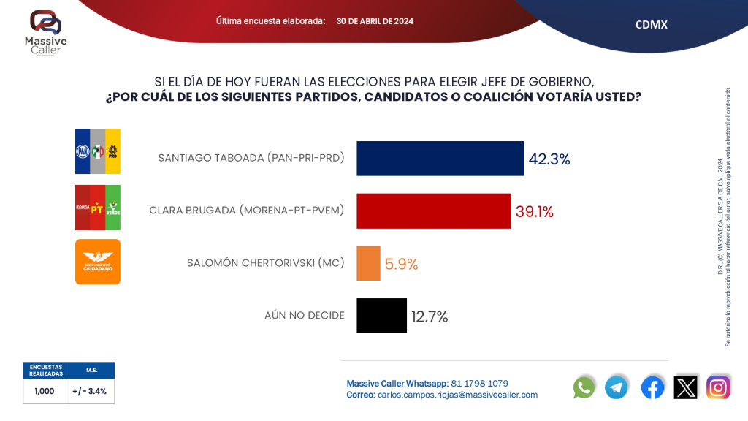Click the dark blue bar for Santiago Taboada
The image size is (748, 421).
point(440,159)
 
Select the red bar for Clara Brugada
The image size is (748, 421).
point(434,211)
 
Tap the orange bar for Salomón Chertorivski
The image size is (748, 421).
point(368,264)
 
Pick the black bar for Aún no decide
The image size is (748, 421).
point(381,316)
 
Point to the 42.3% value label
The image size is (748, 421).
point(549,159)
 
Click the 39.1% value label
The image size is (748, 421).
point(535,212)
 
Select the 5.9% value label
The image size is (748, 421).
point(401,265)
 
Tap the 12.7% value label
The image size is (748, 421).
point(430,316)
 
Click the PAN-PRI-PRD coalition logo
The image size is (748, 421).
point(98,151)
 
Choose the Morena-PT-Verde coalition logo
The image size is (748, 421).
point(98,208)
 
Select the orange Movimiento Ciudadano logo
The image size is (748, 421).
point(98,262)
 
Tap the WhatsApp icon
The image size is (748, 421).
point(584,387)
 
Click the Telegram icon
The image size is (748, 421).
point(617,387)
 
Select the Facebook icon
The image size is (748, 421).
point(652,387)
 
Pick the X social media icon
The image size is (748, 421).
point(685,387)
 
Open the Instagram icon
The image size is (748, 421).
point(718,387)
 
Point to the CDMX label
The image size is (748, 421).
point(651,25)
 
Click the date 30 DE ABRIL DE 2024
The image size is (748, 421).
point(375,21)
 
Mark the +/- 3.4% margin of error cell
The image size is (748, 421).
point(91,391)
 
